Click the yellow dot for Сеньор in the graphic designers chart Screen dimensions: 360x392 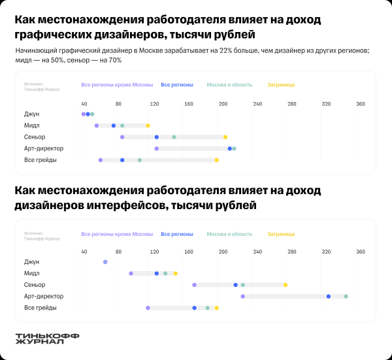[x=225, y=137]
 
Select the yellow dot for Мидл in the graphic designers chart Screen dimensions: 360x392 [x=148, y=125]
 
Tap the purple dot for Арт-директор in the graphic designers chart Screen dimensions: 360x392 [x=156, y=149]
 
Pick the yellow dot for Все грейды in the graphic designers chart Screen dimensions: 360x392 [x=217, y=160]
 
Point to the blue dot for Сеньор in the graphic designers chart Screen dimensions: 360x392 [x=157, y=137]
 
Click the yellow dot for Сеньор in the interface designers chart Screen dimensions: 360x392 [x=286, y=285]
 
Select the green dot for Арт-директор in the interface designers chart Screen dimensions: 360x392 [x=346, y=297]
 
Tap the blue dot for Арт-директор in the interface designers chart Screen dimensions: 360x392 [x=329, y=297]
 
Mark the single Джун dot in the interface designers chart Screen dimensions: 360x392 [x=105, y=262]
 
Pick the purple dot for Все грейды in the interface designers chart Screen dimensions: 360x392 [x=148, y=308]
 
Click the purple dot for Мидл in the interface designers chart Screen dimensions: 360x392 [x=131, y=274]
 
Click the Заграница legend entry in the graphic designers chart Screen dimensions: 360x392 [x=281, y=85]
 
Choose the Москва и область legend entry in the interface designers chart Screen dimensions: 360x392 [x=229, y=234]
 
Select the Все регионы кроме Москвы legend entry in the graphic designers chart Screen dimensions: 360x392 [x=117, y=85]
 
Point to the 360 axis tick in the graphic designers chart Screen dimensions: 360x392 [x=360, y=105]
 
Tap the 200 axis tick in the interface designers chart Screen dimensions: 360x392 [x=223, y=252]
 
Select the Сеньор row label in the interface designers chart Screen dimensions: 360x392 [x=35, y=285]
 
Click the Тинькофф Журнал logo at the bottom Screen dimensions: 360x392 [x=46, y=338]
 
